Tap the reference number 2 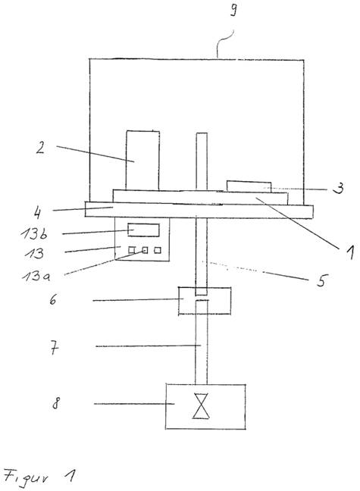click(40, 148)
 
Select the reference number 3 click(338, 188)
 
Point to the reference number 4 click(37, 213)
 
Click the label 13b click(34, 234)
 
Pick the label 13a click(36, 277)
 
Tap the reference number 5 click(321, 280)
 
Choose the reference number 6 click(53, 299)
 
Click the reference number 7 click(55, 349)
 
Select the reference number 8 click(55, 403)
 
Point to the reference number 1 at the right click(350, 252)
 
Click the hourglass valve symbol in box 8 click(201, 406)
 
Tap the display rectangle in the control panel click(143, 230)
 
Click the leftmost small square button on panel click(132, 250)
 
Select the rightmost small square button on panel click(158, 250)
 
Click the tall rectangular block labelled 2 click(142, 161)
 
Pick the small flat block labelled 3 click(249, 186)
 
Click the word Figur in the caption click(27, 477)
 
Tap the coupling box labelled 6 click(205, 301)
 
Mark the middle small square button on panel click(145, 250)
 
